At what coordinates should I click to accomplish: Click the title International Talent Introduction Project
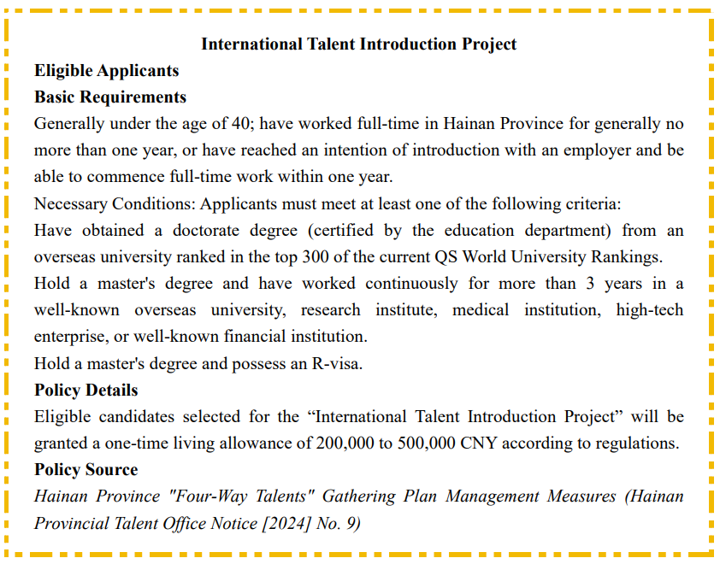click(359, 44)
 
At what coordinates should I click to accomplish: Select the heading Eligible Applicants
click(107, 70)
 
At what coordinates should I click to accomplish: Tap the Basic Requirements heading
click(110, 97)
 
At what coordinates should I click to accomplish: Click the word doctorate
click(257, 230)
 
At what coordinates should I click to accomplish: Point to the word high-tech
click(650, 309)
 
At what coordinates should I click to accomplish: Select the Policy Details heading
click(86, 390)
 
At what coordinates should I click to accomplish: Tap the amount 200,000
click(345, 444)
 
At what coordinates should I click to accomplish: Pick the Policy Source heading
click(86, 469)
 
